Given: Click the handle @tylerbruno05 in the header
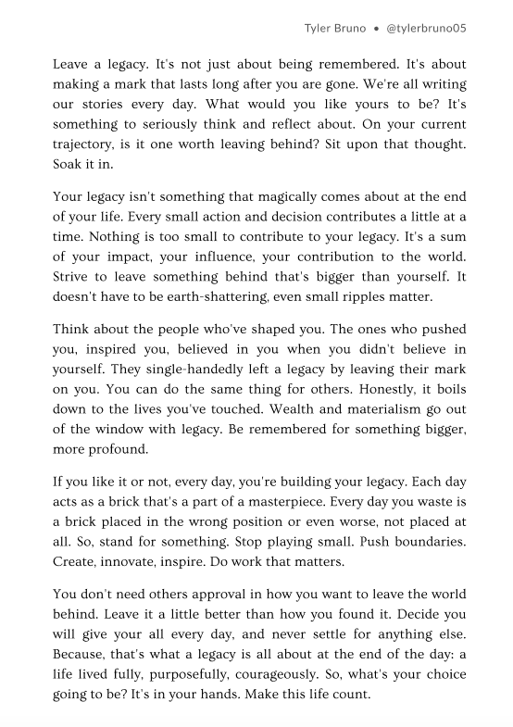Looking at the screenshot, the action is pyautogui.click(x=425, y=28).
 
